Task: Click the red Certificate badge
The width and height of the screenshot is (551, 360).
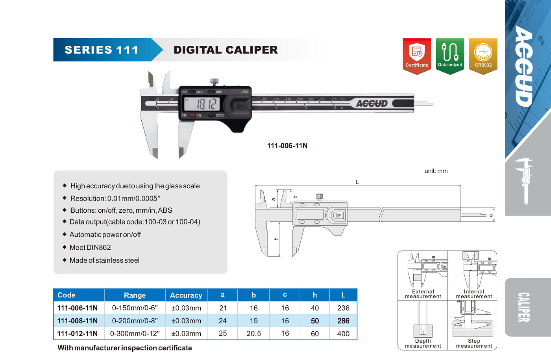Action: pyautogui.click(x=417, y=56)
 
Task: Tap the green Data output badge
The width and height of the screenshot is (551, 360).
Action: pyautogui.click(x=450, y=56)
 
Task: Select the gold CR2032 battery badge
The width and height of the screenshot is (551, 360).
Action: pyautogui.click(x=483, y=56)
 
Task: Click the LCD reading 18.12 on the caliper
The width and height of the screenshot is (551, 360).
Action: pyautogui.click(x=207, y=104)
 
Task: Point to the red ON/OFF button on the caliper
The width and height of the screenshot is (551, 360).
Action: pyautogui.click(x=192, y=115)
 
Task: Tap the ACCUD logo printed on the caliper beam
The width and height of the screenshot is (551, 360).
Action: pyautogui.click(x=372, y=104)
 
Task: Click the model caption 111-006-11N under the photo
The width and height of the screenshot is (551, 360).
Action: pyautogui.click(x=287, y=146)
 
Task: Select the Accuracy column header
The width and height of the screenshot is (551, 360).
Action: pyautogui.click(x=186, y=295)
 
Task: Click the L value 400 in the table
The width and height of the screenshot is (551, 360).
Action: pyautogui.click(x=343, y=334)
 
